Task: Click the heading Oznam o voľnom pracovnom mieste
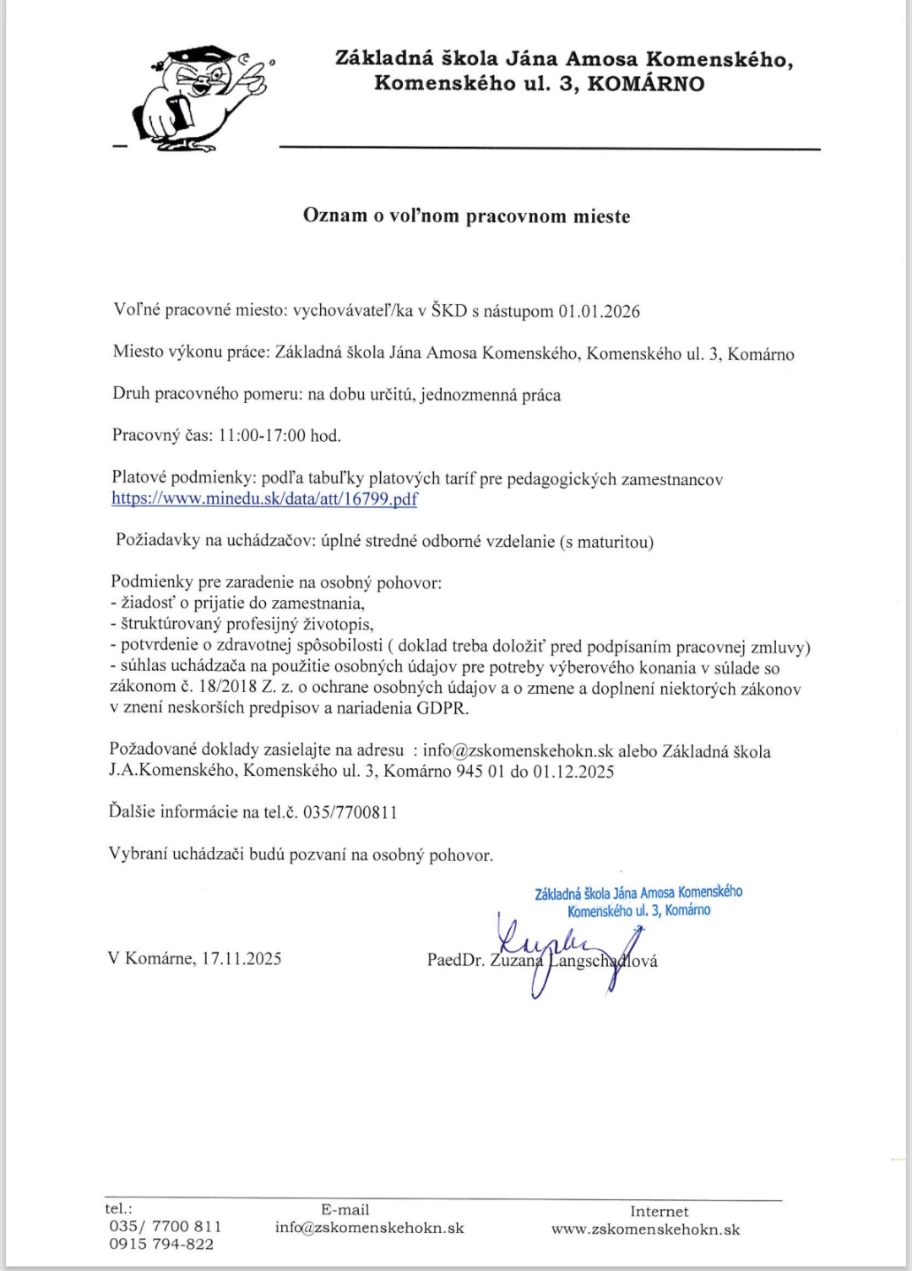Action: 466,215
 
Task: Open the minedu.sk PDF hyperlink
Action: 264,499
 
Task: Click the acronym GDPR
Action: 442,707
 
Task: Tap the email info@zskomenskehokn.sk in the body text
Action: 518,750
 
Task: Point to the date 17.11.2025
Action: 242,958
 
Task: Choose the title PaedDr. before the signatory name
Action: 456,961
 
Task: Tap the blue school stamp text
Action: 638,901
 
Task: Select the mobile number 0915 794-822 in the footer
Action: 161,1244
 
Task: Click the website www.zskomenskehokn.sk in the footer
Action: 645,1230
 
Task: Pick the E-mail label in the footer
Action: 345,1209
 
